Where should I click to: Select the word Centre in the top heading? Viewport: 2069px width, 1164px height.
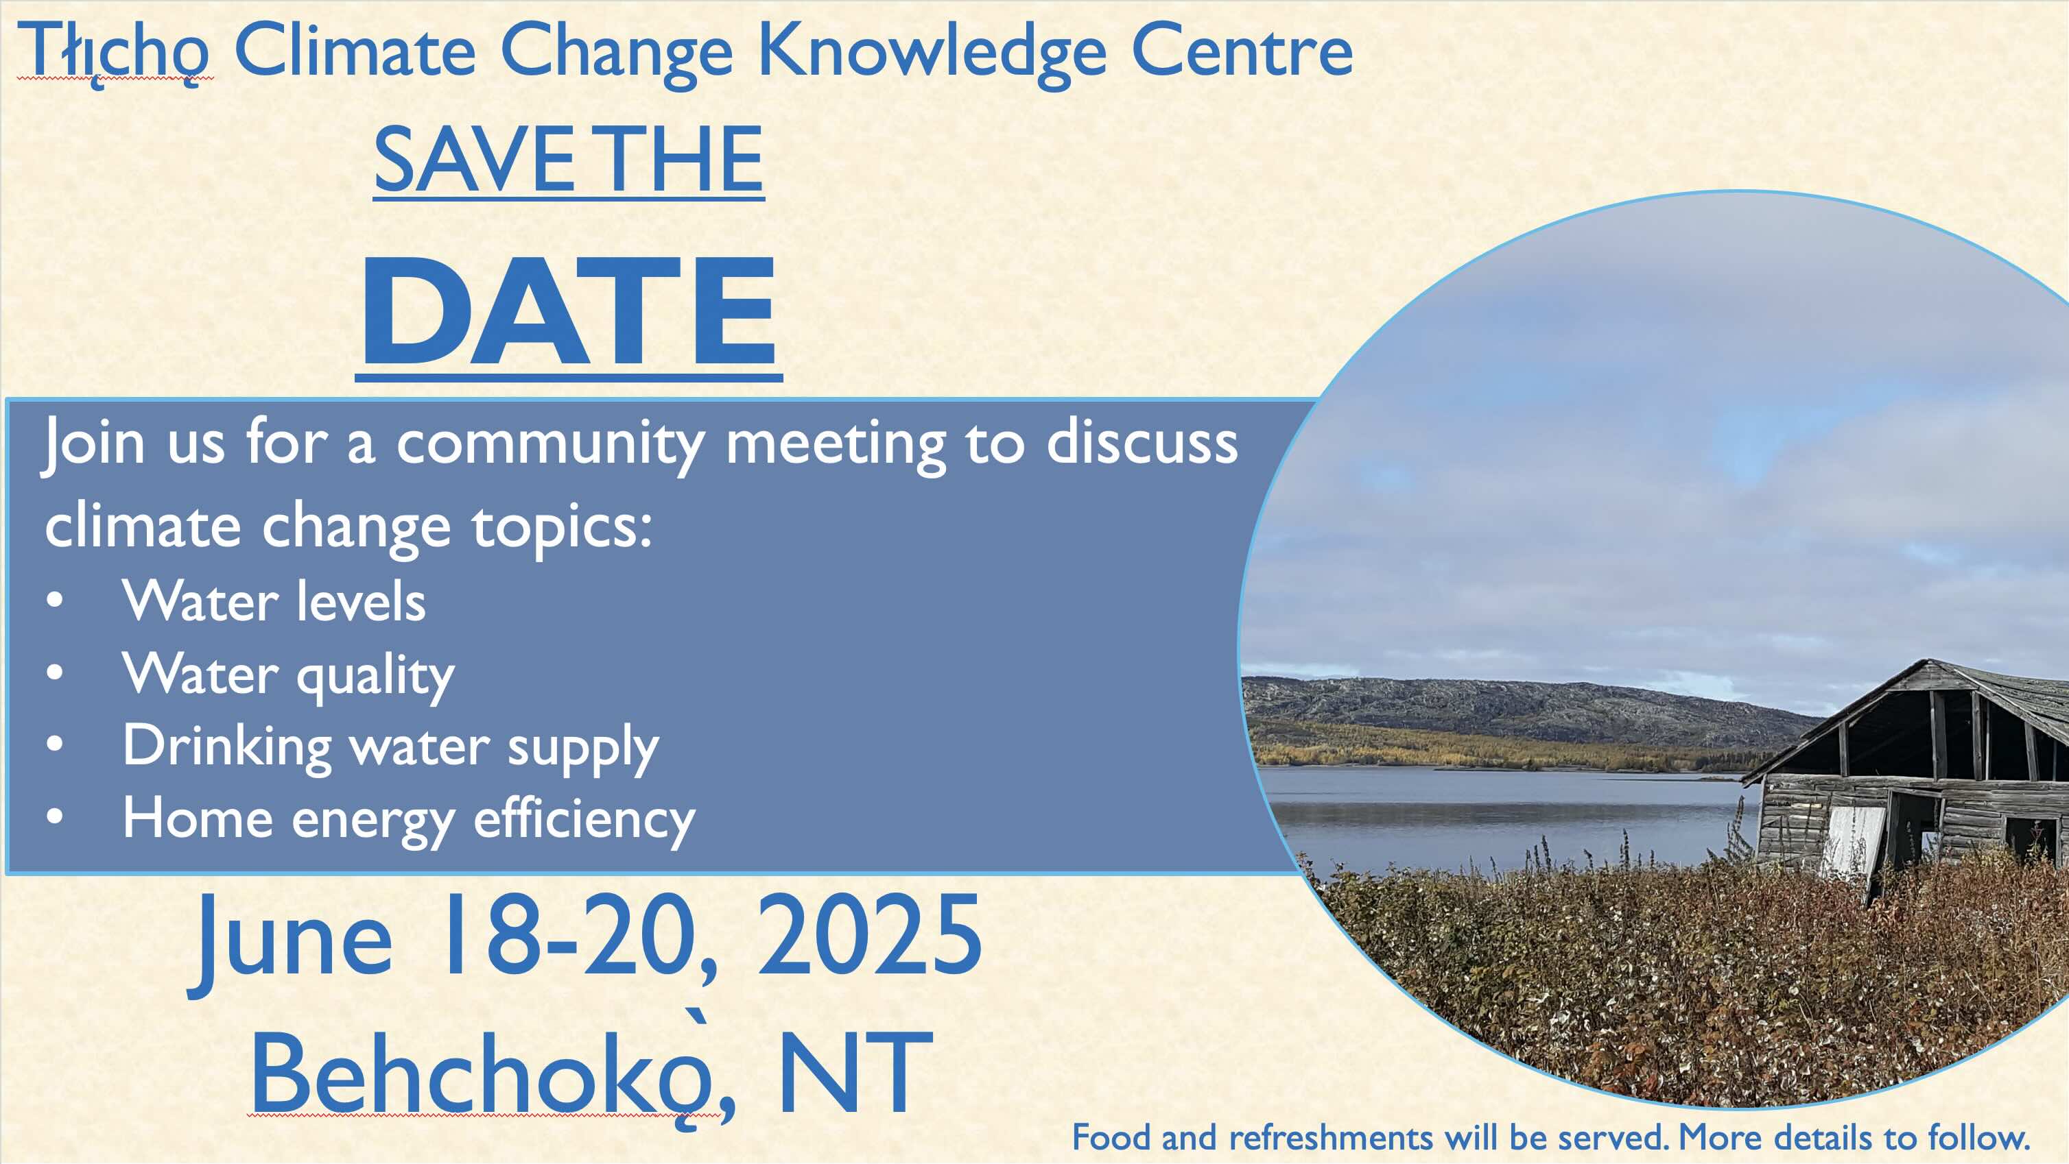[x=1242, y=50]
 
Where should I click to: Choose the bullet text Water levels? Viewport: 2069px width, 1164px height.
[x=274, y=601]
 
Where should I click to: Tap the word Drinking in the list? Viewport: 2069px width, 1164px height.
[x=226, y=747]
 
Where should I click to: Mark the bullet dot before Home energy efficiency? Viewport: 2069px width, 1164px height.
[x=55, y=816]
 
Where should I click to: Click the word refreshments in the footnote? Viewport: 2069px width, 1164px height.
[x=1331, y=1137]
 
